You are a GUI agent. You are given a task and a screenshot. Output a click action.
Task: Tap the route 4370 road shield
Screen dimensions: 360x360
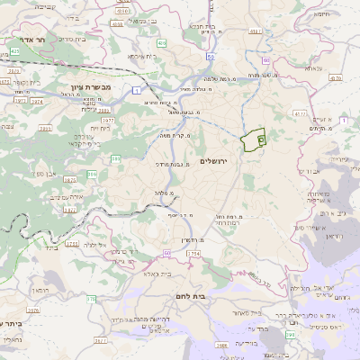(x=335, y=78)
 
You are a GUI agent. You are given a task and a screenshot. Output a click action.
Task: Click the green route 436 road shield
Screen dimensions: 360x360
(x=161, y=42)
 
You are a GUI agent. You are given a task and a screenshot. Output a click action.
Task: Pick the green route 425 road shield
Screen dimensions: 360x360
(x=15, y=51)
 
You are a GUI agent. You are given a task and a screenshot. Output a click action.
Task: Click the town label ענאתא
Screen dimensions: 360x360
(x=312, y=67)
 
